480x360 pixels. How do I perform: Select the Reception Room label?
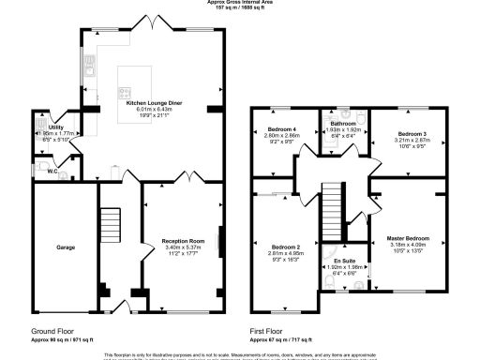coord(182,241)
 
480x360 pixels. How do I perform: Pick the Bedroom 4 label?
coord(282,128)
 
